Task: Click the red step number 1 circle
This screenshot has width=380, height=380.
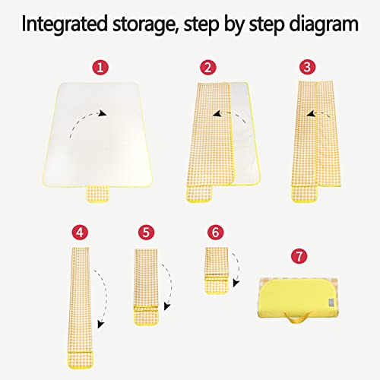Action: (100, 68)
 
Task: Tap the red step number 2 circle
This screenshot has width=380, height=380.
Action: (208, 68)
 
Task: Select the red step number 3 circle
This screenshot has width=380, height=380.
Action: (307, 67)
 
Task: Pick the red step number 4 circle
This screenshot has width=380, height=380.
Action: (80, 233)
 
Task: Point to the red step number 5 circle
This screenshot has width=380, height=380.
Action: (146, 233)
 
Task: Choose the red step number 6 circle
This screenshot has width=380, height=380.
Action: (215, 233)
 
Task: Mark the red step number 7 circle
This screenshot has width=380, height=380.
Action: (299, 256)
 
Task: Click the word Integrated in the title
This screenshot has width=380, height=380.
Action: (65, 24)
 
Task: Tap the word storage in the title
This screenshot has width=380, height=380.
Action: (146, 25)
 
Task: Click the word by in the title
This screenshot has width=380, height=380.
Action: (234, 25)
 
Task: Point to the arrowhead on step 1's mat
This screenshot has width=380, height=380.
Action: (103, 113)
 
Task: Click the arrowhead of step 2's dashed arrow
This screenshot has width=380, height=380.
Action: (217, 114)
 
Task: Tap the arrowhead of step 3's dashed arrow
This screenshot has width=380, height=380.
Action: (311, 114)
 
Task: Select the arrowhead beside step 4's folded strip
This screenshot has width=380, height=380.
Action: (100, 325)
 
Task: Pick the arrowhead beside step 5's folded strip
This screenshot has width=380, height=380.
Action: (167, 306)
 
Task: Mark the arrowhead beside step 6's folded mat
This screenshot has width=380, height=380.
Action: (236, 283)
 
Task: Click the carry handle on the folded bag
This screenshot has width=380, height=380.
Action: (297, 318)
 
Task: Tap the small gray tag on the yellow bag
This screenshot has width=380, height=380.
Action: (331, 302)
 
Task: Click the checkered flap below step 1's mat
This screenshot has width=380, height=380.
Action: (98, 194)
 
